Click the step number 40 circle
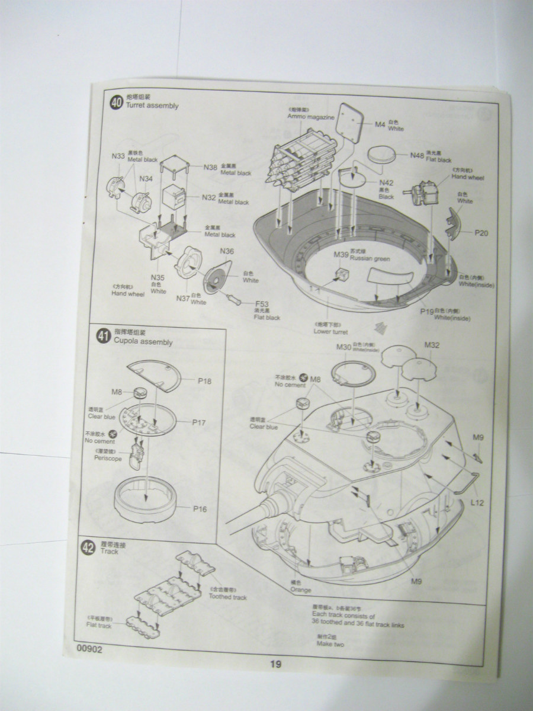coord(117,102)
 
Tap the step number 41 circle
coord(102,337)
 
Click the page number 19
coord(276,664)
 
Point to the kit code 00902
coord(89,649)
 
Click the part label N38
coord(210,167)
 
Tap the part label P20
coord(481,233)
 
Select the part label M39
coord(341,254)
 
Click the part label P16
coord(199,509)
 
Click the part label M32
coord(432,345)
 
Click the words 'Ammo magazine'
coord(311,117)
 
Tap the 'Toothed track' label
coord(228,597)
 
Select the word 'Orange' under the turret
coord(300,591)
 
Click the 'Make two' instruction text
coord(330,644)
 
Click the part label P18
coord(204,382)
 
